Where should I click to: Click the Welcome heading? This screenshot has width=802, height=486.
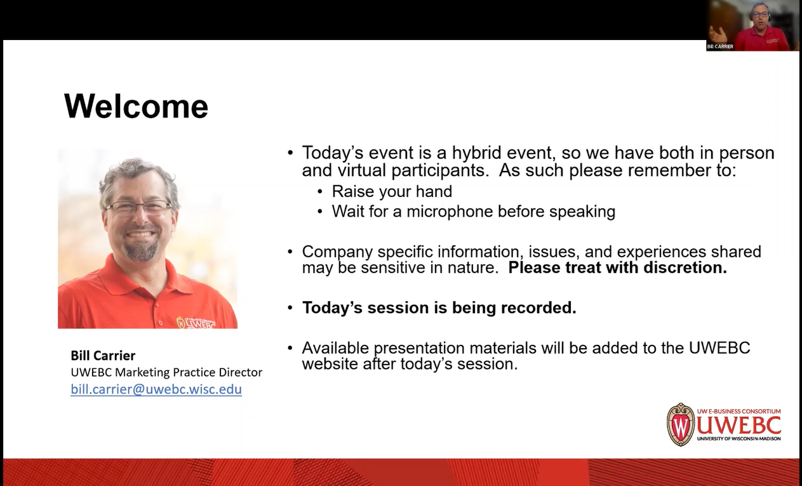pos(136,106)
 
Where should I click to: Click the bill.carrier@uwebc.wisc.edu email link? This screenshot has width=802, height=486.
pos(156,389)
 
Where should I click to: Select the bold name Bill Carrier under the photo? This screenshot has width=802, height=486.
pos(103,356)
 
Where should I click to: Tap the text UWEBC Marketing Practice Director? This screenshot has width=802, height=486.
pos(166,372)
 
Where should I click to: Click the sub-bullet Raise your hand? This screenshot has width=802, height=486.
pos(392,191)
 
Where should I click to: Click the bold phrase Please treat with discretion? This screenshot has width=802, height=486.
pos(617,267)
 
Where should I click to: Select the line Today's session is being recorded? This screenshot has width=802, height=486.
pos(439,307)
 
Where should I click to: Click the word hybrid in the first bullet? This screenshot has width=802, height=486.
pos(477,153)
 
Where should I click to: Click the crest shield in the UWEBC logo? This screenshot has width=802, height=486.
pos(680,425)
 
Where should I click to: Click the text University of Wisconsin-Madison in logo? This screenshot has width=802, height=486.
pos(739,438)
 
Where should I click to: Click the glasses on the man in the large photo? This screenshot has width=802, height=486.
pos(138,207)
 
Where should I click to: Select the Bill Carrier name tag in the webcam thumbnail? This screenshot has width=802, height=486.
pos(720,46)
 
